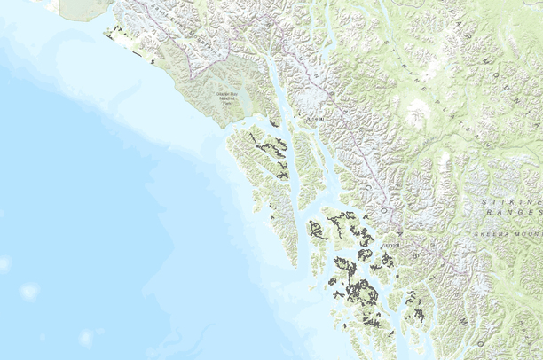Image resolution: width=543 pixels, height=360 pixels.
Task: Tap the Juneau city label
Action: [x=312, y=116]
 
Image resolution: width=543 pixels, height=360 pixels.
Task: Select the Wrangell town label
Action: [x=391, y=241]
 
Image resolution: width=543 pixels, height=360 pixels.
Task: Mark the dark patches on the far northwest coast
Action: [x=116, y=35]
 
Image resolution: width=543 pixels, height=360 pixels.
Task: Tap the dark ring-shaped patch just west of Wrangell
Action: [x=364, y=255]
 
